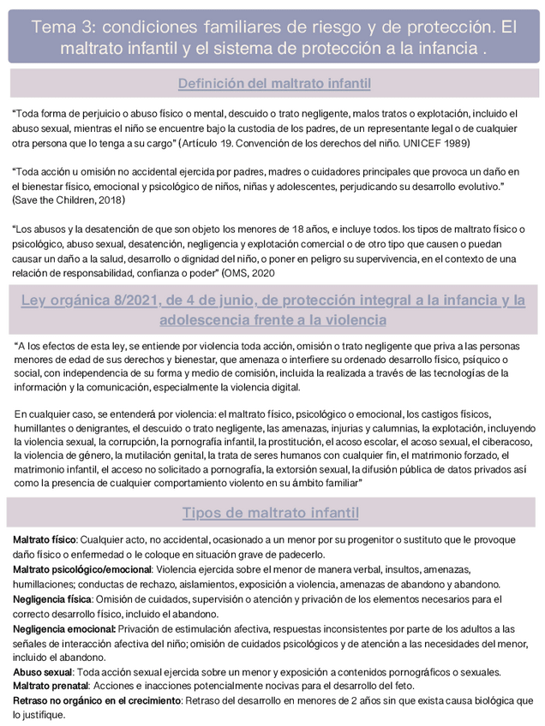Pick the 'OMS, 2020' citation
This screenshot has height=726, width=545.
253,272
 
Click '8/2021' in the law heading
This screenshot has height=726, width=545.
157,301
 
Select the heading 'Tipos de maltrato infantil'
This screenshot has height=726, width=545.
270,513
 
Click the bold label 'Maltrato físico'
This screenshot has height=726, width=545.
45,540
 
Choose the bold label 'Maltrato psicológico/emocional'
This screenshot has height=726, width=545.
82,569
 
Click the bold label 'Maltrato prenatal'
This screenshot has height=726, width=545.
51,686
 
